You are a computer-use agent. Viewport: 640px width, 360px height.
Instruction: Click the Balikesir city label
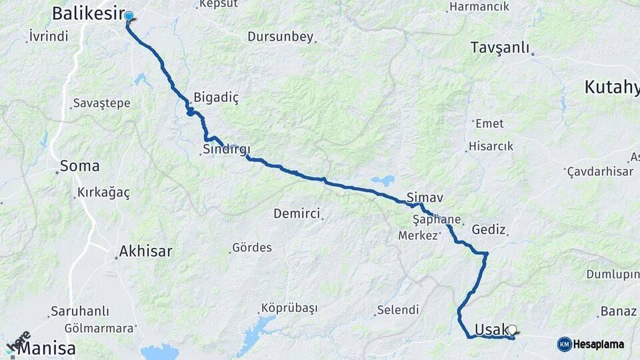click(85, 13)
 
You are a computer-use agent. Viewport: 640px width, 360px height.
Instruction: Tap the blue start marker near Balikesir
click(129, 17)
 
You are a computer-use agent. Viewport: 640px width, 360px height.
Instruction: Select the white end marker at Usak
click(512, 329)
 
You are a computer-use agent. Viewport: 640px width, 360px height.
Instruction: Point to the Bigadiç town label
click(215, 97)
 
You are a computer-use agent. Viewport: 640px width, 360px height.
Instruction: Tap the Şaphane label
click(437, 219)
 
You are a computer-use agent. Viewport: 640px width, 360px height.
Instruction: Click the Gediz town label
click(489, 229)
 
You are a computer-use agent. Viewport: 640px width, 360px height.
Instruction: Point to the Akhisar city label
click(145, 251)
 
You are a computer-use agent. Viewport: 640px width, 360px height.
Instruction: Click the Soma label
click(79, 166)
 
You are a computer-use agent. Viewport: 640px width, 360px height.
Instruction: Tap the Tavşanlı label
click(499, 47)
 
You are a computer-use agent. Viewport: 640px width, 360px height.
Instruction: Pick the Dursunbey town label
click(280, 37)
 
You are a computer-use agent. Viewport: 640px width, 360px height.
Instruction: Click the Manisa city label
click(47, 348)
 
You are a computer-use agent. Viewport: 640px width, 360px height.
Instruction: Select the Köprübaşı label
click(289, 308)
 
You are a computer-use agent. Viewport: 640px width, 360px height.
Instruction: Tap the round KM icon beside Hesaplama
click(565, 344)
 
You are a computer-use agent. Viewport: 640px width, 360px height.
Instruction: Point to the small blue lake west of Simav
click(383, 180)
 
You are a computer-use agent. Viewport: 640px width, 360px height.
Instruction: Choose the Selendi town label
click(397, 309)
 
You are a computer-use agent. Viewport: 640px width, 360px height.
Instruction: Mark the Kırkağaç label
click(103, 192)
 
